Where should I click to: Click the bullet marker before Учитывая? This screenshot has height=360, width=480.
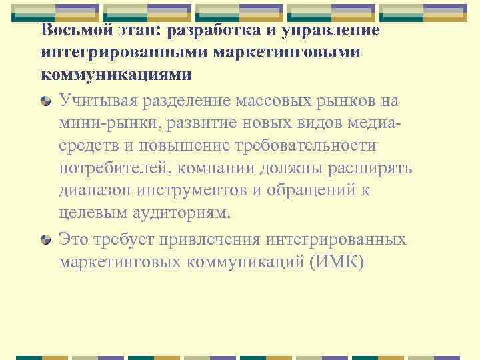(x=45, y=101)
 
